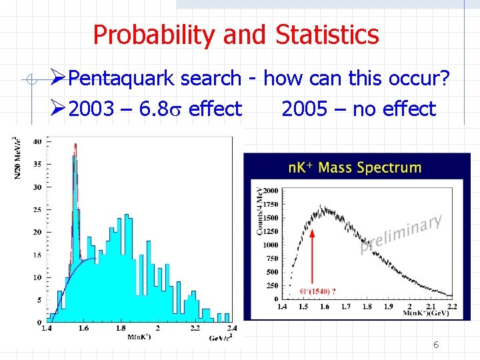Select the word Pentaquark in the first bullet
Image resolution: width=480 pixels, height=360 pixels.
point(121,79)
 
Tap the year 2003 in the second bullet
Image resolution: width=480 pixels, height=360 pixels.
point(91,109)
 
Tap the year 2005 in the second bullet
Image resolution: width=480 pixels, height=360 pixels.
point(304,109)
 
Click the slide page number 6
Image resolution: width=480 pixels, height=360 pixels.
point(436,345)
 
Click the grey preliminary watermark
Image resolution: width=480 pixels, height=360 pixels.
point(401,234)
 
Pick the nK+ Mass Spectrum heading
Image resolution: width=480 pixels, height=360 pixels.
point(355,167)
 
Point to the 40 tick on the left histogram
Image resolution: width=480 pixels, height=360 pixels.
point(37,141)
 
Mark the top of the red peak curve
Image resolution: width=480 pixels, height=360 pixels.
point(75,145)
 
